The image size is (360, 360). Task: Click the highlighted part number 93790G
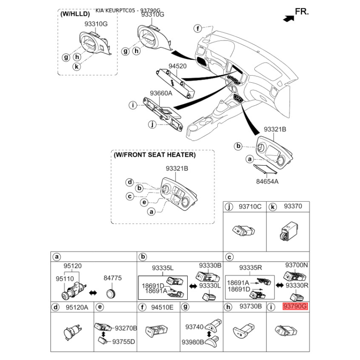295,306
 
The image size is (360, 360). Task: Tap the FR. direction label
301,12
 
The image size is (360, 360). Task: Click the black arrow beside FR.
286,18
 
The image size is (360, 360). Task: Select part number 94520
177,66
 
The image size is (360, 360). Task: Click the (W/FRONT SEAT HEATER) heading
154,155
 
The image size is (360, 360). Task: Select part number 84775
112,278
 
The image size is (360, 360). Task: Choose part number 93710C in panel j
250,207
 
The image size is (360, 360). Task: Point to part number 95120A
76,307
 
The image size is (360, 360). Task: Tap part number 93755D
124,342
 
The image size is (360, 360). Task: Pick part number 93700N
297,265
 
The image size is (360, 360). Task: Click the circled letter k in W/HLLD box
77,67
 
